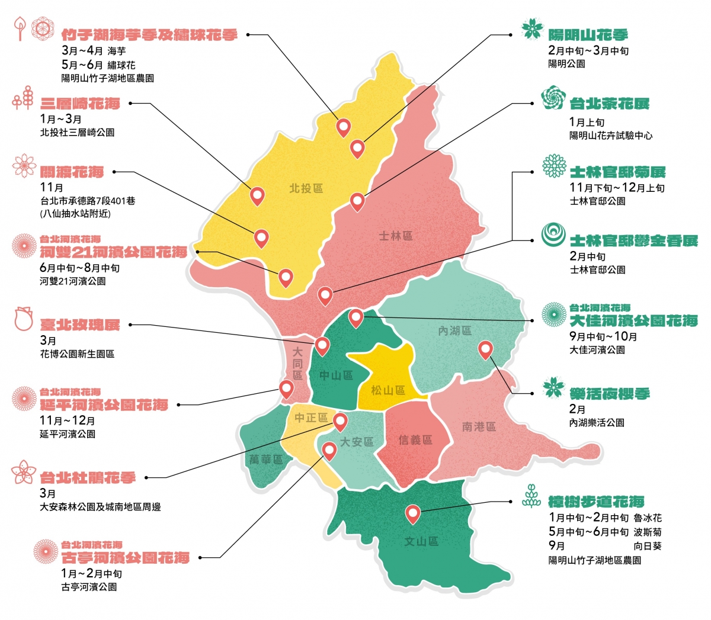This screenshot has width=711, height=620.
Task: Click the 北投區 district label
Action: [306, 188]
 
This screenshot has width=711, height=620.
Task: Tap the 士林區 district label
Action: [395, 236]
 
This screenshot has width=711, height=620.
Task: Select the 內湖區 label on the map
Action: [454, 330]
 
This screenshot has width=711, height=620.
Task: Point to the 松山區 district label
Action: [387, 390]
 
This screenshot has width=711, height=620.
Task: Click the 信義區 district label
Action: [415, 439]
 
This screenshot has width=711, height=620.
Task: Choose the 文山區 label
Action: [421, 541]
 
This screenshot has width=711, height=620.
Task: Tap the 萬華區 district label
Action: [265, 459]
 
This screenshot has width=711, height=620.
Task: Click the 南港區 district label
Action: [479, 426]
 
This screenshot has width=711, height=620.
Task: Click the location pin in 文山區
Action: [412, 513]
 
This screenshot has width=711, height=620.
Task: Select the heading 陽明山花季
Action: [587, 35]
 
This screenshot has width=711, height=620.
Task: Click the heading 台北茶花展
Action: [609, 104]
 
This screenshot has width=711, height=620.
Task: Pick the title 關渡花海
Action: [72, 172]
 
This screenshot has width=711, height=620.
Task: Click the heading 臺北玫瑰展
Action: [80, 325]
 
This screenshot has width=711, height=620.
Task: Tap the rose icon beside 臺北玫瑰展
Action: [24, 318]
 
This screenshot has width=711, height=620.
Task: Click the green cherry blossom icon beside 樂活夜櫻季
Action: [555, 388]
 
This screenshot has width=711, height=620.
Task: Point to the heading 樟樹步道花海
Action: [596, 502]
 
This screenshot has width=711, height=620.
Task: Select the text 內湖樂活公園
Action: [597, 423]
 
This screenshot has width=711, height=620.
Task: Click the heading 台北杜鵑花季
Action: [88, 478]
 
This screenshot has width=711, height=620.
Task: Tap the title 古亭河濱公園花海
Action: [126, 558]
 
